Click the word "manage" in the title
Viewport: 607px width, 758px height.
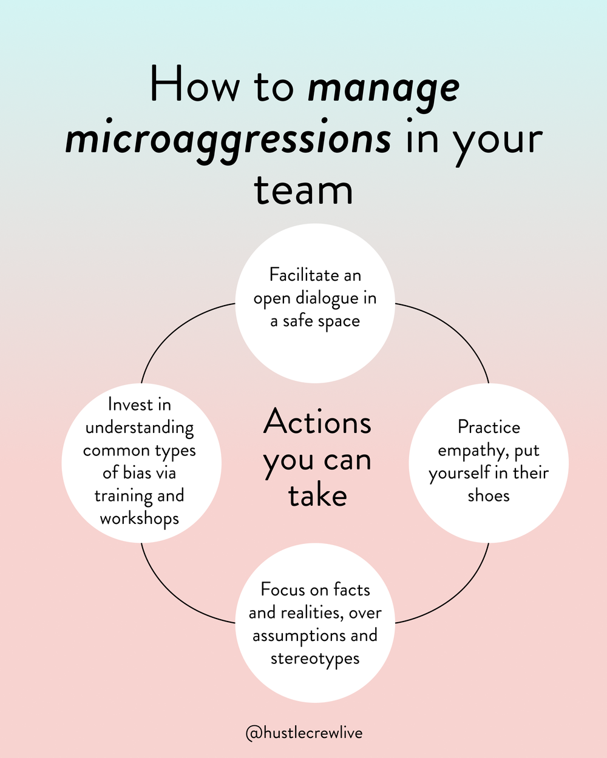pyautogui.click(x=383, y=89)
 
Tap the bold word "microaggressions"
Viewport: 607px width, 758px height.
pyautogui.click(x=228, y=139)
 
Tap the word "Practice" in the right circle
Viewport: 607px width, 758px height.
pyautogui.click(x=489, y=428)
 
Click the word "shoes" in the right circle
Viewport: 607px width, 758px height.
pyautogui.click(x=489, y=496)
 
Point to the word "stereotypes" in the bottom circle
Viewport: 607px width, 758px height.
pyautogui.click(x=315, y=659)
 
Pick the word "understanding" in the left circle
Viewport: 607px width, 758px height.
pyautogui.click(x=140, y=428)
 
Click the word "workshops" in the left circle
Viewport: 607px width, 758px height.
pyautogui.click(x=140, y=519)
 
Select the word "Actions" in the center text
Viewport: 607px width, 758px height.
pyautogui.click(x=317, y=423)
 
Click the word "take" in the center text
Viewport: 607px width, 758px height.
pyautogui.click(x=317, y=496)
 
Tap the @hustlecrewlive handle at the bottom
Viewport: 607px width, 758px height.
pyautogui.click(x=303, y=733)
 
